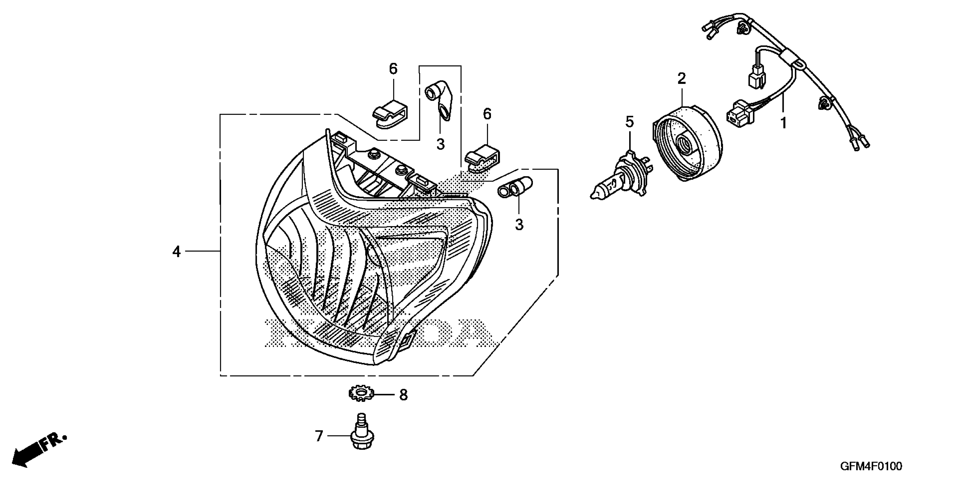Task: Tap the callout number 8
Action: (403, 395)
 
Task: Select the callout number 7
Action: (319, 436)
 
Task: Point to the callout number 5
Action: (629, 122)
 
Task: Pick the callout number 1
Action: (783, 123)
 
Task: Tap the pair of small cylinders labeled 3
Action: (515, 187)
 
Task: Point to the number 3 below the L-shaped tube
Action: (441, 145)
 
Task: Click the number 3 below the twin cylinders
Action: (519, 225)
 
